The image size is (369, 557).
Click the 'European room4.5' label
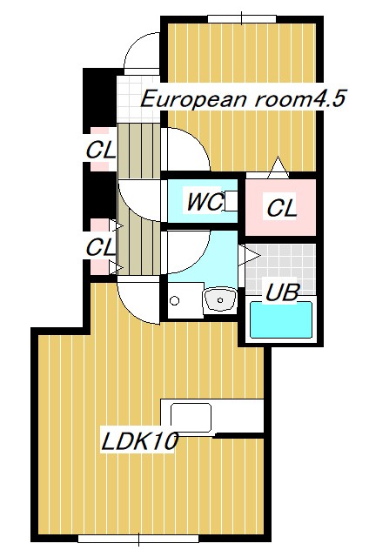[x=244, y=97]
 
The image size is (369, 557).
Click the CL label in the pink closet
[x=282, y=209]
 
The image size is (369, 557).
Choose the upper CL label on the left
[x=100, y=150]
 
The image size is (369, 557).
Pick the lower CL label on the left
[x=100, y=247]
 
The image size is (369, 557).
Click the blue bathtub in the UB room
[x=282, y=319]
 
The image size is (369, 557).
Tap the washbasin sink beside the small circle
[x=219, y=301]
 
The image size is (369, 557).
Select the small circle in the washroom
[x=176, y=301]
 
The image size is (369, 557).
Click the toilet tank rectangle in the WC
[x=232, y=201]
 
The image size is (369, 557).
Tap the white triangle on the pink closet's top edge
[x=278, y=165]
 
